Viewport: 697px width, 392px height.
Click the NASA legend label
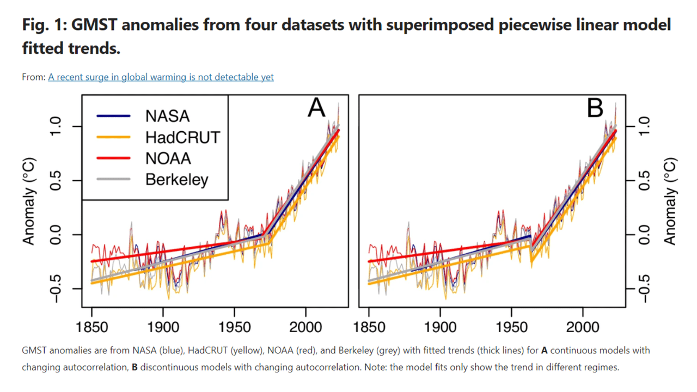167,116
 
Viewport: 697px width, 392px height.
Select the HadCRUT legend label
182,137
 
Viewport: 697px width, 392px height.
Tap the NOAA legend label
168,158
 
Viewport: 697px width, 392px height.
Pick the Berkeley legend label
176,179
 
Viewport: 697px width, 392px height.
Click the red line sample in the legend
113,158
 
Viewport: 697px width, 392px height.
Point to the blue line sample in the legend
113,116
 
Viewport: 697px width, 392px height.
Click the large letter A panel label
316,109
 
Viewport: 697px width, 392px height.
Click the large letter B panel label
595,109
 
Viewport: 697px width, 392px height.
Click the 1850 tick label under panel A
91,328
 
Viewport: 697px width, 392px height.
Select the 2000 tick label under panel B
583,328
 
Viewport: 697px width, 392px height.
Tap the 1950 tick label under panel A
234,328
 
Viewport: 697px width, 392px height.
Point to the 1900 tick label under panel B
440,328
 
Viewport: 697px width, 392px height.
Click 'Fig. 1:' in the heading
46,25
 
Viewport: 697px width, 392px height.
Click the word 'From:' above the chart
33,77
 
